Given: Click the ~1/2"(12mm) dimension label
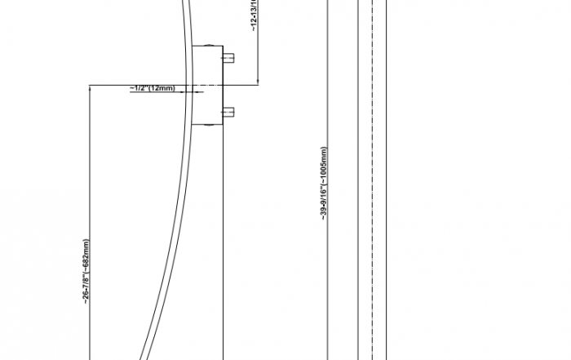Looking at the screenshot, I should (152, 87).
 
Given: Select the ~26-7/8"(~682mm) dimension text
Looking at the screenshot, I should (86, 272).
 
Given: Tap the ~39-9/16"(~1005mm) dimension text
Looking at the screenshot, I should (324, 184).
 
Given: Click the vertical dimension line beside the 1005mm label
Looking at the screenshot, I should (330, 245).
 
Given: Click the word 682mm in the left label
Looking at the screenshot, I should (86, 253).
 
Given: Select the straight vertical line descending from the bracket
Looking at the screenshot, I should (224, 245).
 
